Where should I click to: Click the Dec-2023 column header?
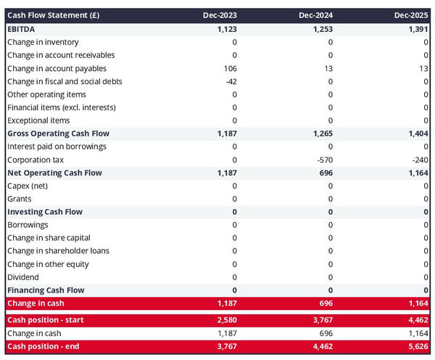(221, 15)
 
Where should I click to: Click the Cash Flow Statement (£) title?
(53, 15)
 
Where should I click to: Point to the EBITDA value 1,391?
(417, 29)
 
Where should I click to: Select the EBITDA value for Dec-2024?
(320, 29)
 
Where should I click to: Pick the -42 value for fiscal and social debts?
(231, 81)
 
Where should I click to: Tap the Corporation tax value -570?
(324, 160)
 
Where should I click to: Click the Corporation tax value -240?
(420, 160)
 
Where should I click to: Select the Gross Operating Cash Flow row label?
(58, 134)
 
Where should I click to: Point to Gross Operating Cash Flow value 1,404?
(417, 134)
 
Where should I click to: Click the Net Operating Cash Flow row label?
(54, 173)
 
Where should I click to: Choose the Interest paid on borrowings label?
(57, 147)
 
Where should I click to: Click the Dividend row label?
(23, 277)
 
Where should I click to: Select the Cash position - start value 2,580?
(225, 320)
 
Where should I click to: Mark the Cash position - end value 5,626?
(417, 346)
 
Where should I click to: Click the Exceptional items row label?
(38, 120)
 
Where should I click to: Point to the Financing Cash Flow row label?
(46, 290)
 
